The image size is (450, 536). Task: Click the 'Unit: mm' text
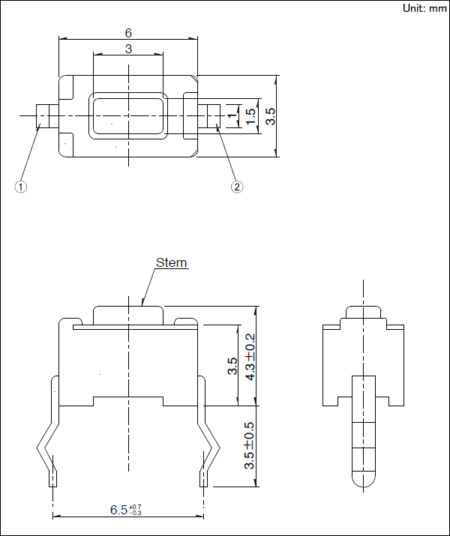click(x=424, y=8)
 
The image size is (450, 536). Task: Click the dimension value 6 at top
click(x=128, y=33)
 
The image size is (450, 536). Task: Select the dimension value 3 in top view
click(x=128, y=49)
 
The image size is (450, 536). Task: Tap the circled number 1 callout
click(x=22, y=187)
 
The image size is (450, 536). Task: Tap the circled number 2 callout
click(x=237, y=187)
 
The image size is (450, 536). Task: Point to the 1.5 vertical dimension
click(x=250, y=116)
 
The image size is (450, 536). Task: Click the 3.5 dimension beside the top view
click(x=271, y=116)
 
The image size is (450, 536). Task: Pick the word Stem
click(x=171, y=263)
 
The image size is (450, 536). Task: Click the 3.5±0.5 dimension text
click(x=250, y=445)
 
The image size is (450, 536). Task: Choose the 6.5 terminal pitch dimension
click(x=125, y=511)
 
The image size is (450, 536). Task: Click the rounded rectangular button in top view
click(x=128, y=116)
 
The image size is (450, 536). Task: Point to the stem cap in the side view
click(x=363, y=313)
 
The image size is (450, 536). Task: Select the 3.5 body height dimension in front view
click(x=232, y=366)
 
